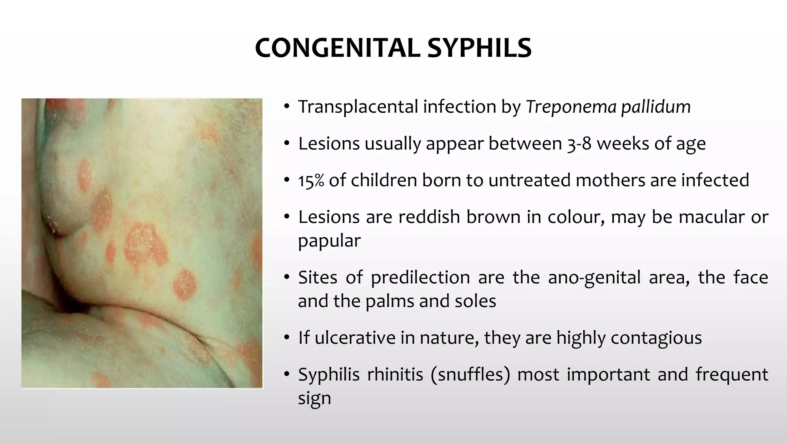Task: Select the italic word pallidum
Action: (x=656, y=107)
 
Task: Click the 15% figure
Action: (x=311, y=180)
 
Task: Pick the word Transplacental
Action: (x=358, y=107)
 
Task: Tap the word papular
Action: (x=329, y=241)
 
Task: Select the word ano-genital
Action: (x=594, y=277)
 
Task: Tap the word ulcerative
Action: (x=354, y=338)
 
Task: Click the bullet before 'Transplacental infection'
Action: (x=286, y=107)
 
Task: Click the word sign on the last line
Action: (x=314, y=398)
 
